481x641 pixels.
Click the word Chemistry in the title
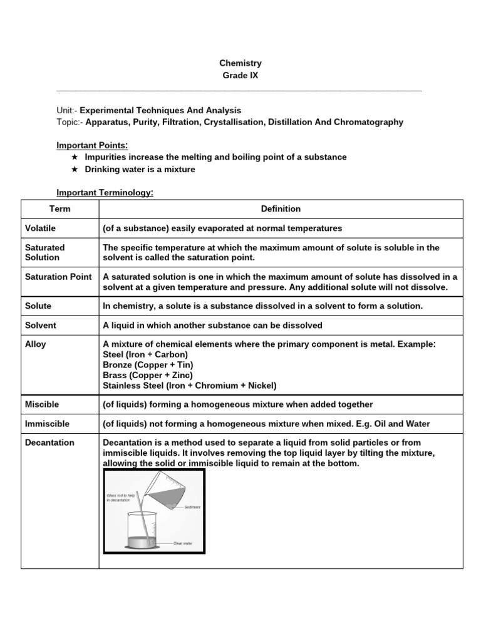(x=240, y=63)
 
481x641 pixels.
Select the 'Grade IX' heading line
(x=240, y=76)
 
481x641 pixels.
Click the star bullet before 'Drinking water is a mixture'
(x=75, y=170)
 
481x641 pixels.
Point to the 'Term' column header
(x=59, y=209)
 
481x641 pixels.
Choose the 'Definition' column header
(x=281, y=209)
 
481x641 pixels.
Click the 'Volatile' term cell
(x=40, y=228)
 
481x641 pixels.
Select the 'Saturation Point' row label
(x=58, y=277)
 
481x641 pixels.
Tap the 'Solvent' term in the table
(x=40, y=326)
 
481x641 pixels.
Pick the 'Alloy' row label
(x=36, y=344)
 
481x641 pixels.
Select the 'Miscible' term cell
(x=42, y=405)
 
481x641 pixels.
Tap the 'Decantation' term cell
(x=49, y=443)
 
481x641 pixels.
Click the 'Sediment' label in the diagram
(x=192, y=507)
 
